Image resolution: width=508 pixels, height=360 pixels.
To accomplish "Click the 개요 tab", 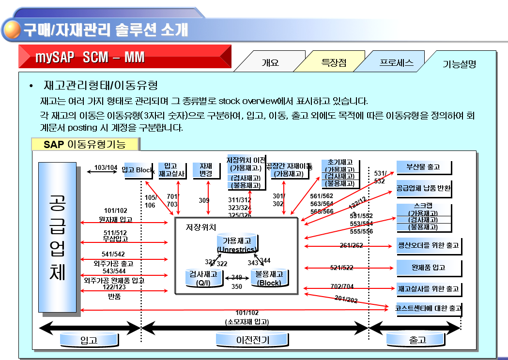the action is click(x=270, y=62).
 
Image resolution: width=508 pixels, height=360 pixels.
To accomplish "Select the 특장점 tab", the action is click(x=334, y=62).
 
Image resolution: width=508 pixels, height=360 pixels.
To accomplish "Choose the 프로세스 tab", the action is click(x=396, y=62).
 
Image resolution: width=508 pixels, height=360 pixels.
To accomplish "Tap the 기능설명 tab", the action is click(x=459, y=64).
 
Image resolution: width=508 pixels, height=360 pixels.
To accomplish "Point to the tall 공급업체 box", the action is click(x=57, y=237).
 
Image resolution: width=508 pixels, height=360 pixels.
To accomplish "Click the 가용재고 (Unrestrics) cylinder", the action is click(x=237, y=244).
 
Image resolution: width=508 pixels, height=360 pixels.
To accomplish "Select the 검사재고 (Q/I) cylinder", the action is click(x=203, y=278).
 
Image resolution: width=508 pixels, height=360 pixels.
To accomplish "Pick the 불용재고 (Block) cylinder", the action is click(x=269, y=278).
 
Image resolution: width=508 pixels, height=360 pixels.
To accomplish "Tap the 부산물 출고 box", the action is click(x=424, y=167).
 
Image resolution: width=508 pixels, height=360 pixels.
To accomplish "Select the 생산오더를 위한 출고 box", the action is click(x=428, y=245).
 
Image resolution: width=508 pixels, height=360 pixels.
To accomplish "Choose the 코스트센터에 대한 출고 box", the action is click(x=429, y=308).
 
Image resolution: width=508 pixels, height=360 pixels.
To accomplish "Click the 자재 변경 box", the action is click(x=206, y=170).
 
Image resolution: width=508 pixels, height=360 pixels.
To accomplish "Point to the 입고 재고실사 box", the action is click(x=172, y=170).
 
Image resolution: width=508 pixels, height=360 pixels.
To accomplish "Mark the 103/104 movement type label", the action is click(x=106, y=168).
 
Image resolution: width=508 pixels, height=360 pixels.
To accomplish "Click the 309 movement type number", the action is click(x=204, y=200).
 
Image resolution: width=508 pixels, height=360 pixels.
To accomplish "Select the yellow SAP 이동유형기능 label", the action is click(x=85, y=144).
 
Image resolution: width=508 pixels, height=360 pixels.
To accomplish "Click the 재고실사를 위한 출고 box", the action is click(x=428, y=289).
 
